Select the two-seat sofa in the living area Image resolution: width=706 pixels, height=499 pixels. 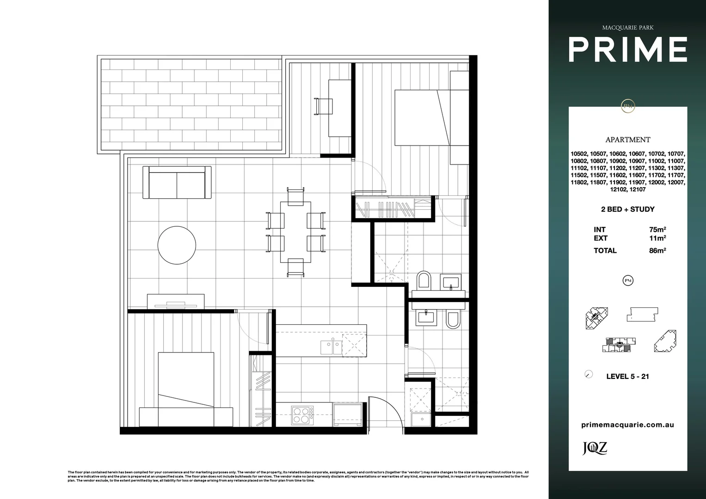tap(177, 183)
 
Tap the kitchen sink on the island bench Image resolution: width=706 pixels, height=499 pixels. tap(331, 347)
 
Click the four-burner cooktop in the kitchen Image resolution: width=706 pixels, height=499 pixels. tap(302, 414)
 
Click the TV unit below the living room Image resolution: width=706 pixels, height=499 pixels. tap(176, 301)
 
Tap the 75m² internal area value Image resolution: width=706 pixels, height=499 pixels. tap(657, 230)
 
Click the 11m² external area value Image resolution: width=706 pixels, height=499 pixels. tap(657, 238)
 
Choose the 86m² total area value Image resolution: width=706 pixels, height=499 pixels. tap(657, 251)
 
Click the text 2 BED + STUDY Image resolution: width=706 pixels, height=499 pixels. tap(627, 209)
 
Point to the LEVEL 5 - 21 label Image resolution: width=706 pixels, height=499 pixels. tap(627, 377)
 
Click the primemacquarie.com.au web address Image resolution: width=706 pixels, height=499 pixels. tap(627, 425)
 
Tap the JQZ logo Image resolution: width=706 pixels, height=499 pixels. tap(594, 448)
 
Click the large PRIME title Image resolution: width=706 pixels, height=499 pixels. tap(627, 50)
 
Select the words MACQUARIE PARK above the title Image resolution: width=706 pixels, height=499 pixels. tap(627, 28)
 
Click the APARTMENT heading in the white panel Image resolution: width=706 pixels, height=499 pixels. tap(627, 140)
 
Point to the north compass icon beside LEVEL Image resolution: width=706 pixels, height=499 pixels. tap(589, 374)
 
